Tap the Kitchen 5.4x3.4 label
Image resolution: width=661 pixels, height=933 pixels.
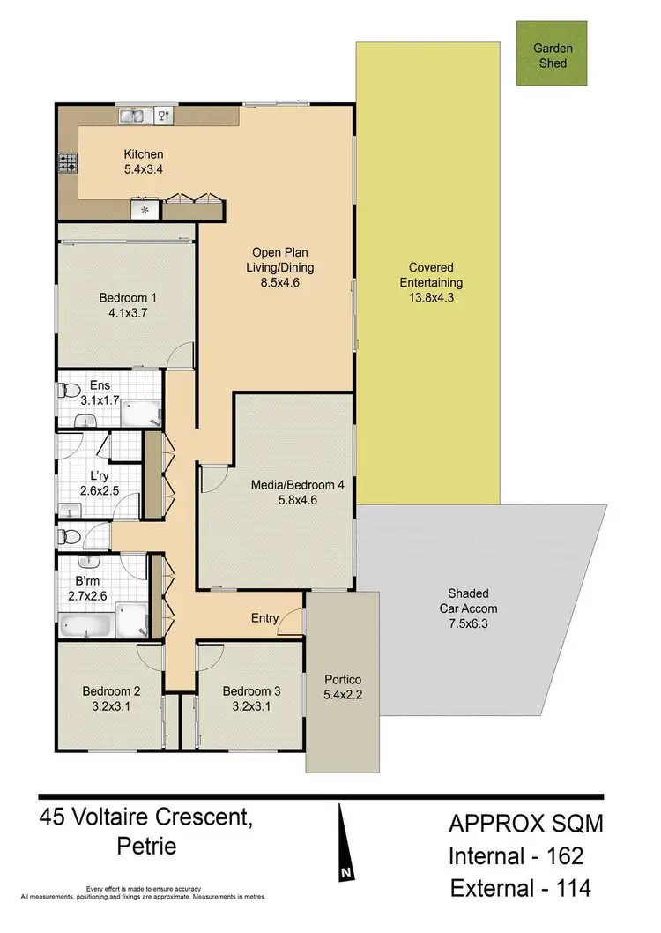(x=143, y=162)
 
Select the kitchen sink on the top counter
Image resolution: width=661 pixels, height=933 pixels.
(x=132, y=115)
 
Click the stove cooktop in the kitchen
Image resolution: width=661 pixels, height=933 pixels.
(x=68, y=162)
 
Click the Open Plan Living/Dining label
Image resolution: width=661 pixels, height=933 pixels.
(x=282, y=268)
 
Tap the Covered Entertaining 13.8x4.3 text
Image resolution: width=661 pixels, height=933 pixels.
(x=431, y=282)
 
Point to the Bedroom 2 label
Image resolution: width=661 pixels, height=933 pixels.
(x=111, y=698)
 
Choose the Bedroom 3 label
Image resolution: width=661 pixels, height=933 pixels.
(x=251, y=698)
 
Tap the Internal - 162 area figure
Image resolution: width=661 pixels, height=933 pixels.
(x=516, y=855)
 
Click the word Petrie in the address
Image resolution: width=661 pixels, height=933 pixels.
(x=146, y=847)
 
